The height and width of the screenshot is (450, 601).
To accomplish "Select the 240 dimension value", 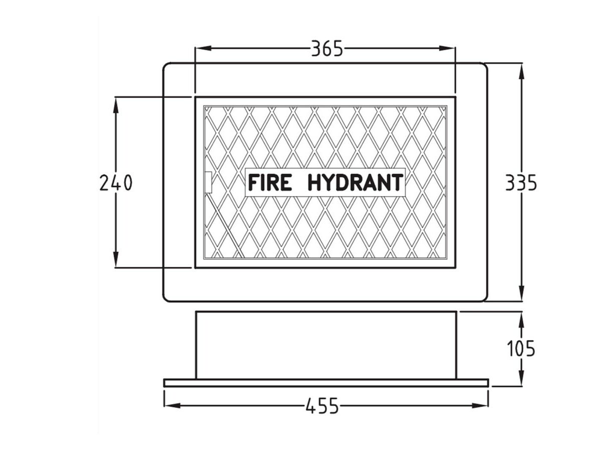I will click(116, 183).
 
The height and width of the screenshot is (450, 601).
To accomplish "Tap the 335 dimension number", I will click(521, 183).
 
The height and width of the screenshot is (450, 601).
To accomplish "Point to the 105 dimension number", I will click(521, 348).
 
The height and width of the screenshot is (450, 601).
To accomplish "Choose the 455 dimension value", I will click(323, 406).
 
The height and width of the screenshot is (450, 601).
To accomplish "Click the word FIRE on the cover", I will click(270, 183).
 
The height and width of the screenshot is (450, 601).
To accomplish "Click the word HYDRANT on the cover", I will click(355, 183).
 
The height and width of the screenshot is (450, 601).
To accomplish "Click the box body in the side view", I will click(326, 345).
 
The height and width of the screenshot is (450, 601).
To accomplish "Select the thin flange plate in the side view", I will click(326, 382).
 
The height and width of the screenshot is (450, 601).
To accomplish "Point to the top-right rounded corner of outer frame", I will click(484, 66).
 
